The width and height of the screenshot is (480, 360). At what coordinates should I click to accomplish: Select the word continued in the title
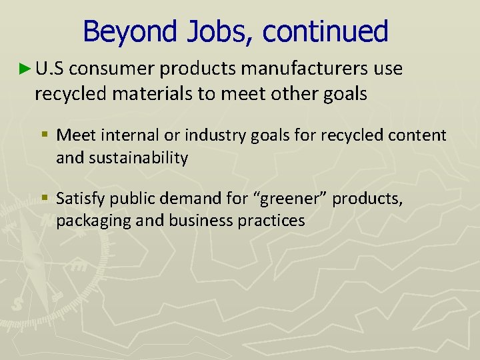click(325, 31)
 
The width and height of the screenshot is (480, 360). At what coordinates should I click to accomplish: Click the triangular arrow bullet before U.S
click(25, 68)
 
